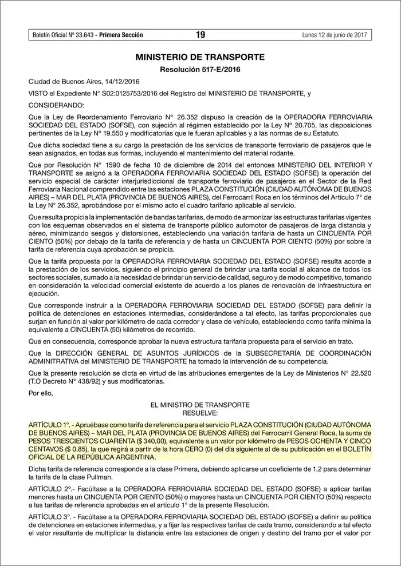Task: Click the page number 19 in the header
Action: pyautogui.click(x=200, y=35)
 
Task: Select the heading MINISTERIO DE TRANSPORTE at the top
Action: pyautogui.click(x=200, y=57)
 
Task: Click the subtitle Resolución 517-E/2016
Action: pyautogui.click(x=200, y=69)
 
